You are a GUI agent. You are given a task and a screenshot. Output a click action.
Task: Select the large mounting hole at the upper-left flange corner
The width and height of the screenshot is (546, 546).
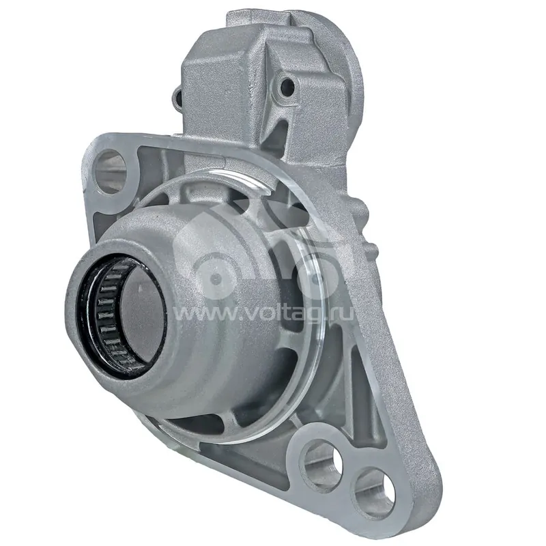(x=111, y=171)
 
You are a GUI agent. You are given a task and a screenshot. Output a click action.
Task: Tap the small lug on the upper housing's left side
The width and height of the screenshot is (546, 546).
(x=178, y=98)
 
